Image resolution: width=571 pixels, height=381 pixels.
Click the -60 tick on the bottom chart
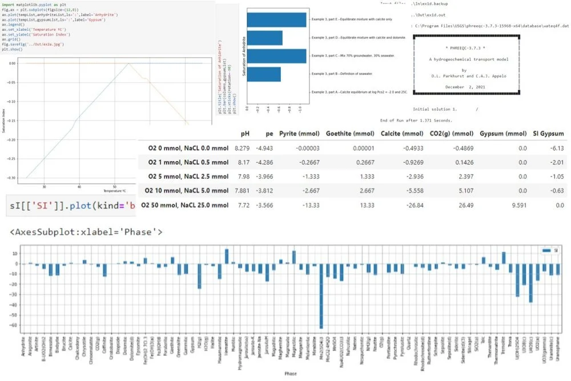click(15, 325)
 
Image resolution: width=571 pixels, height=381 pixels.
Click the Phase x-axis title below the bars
click(293, 374)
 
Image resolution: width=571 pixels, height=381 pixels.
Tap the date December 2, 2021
click(464, 87)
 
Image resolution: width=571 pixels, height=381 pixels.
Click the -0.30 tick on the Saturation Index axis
click(11, 178)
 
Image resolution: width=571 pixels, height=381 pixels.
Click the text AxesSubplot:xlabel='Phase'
click(86, 232)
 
